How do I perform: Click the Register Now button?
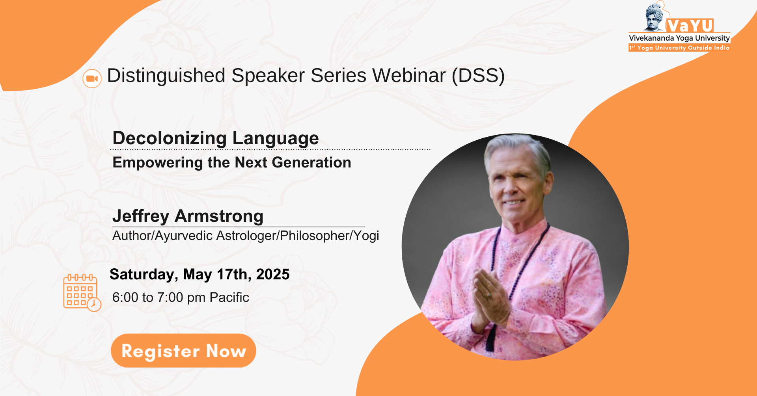click(183, 350)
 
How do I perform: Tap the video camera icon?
click(92, 78)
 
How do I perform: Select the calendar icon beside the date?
click(82, 292)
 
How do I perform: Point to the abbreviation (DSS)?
click(478, 76)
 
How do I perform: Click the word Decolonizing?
click(170, 138)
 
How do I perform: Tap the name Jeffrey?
click(141, 216)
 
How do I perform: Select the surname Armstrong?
click(219, 216)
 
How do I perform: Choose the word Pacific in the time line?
click(229, 297)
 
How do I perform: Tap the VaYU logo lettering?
click(690, 26)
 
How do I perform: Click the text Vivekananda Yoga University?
click(679, 38)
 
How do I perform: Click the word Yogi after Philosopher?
click(366, 236)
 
